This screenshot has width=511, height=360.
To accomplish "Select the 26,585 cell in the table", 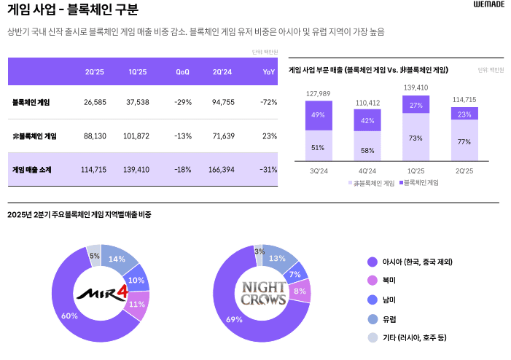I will point(95,102).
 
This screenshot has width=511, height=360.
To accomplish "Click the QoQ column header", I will point(182,71).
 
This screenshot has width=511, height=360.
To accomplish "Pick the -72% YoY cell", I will point(268,102).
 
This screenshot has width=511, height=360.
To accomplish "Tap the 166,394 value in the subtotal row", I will point(222,169).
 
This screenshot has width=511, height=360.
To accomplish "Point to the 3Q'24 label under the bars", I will point(319,171).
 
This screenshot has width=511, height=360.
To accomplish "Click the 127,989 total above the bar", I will point(319,94).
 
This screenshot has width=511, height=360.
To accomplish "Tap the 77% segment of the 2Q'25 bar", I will point(464,141).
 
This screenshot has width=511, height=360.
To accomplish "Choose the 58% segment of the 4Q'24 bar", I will point(367,149).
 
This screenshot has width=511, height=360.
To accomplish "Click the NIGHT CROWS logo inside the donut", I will point(263,294).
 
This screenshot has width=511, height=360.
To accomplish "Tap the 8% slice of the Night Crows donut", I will point(300,291).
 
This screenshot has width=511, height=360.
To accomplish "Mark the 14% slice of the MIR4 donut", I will point(117,259).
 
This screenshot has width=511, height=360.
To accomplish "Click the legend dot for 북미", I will point(372,281).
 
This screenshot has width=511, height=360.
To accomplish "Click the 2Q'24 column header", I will point(222,71).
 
